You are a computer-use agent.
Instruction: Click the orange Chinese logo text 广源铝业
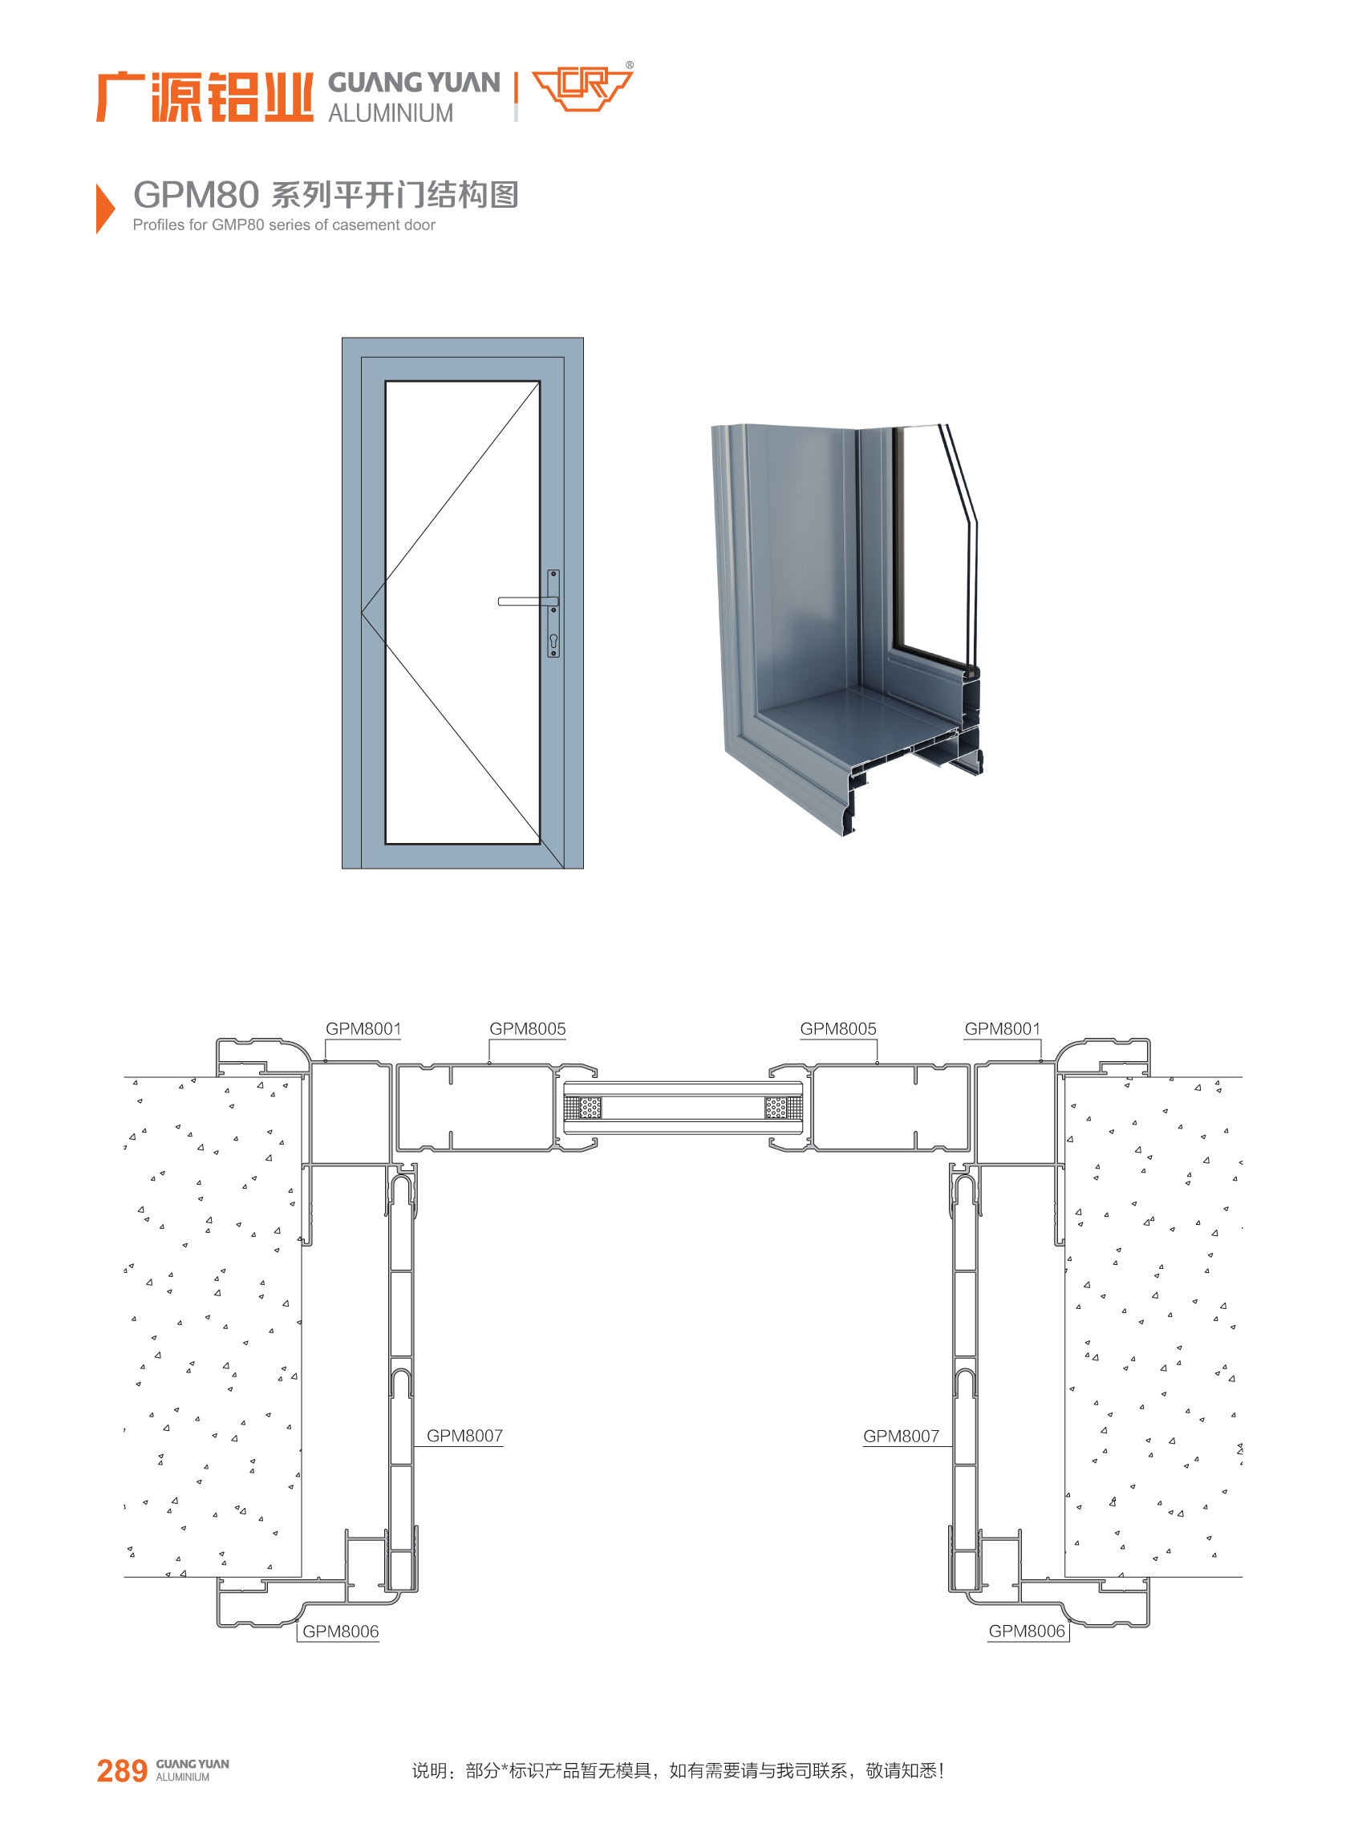(x=205, y=97)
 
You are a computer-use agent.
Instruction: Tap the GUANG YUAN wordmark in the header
(x=413, y=83)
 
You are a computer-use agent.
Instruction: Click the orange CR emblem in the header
(x=582, y=87)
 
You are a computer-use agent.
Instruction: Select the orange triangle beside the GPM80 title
(x=105, y=209)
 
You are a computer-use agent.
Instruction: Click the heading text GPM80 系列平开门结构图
(x=326, y=195)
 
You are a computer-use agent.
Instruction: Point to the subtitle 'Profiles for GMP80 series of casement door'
(x=284, y=225)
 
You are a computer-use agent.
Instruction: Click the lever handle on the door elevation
(x=528, y=602)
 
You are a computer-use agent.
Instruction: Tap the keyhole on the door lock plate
(x=553, y=640)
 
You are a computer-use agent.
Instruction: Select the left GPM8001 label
(x=363, y=1028)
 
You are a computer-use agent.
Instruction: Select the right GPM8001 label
(x=1002, y=1028)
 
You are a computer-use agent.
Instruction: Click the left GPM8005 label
(x=528, y=1028)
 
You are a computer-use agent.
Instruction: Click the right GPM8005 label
(x=837, y=1028)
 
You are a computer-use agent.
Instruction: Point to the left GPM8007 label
(x=464, y=1436)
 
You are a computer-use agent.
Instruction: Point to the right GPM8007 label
(x=902, y=1436)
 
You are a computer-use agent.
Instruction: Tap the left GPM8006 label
(x=341, y=1631)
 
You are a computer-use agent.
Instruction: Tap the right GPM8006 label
(x=1027, y=1631)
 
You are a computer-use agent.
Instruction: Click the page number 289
(x=122, y=1771)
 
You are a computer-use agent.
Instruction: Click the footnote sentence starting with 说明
(x=678, y=1770)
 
